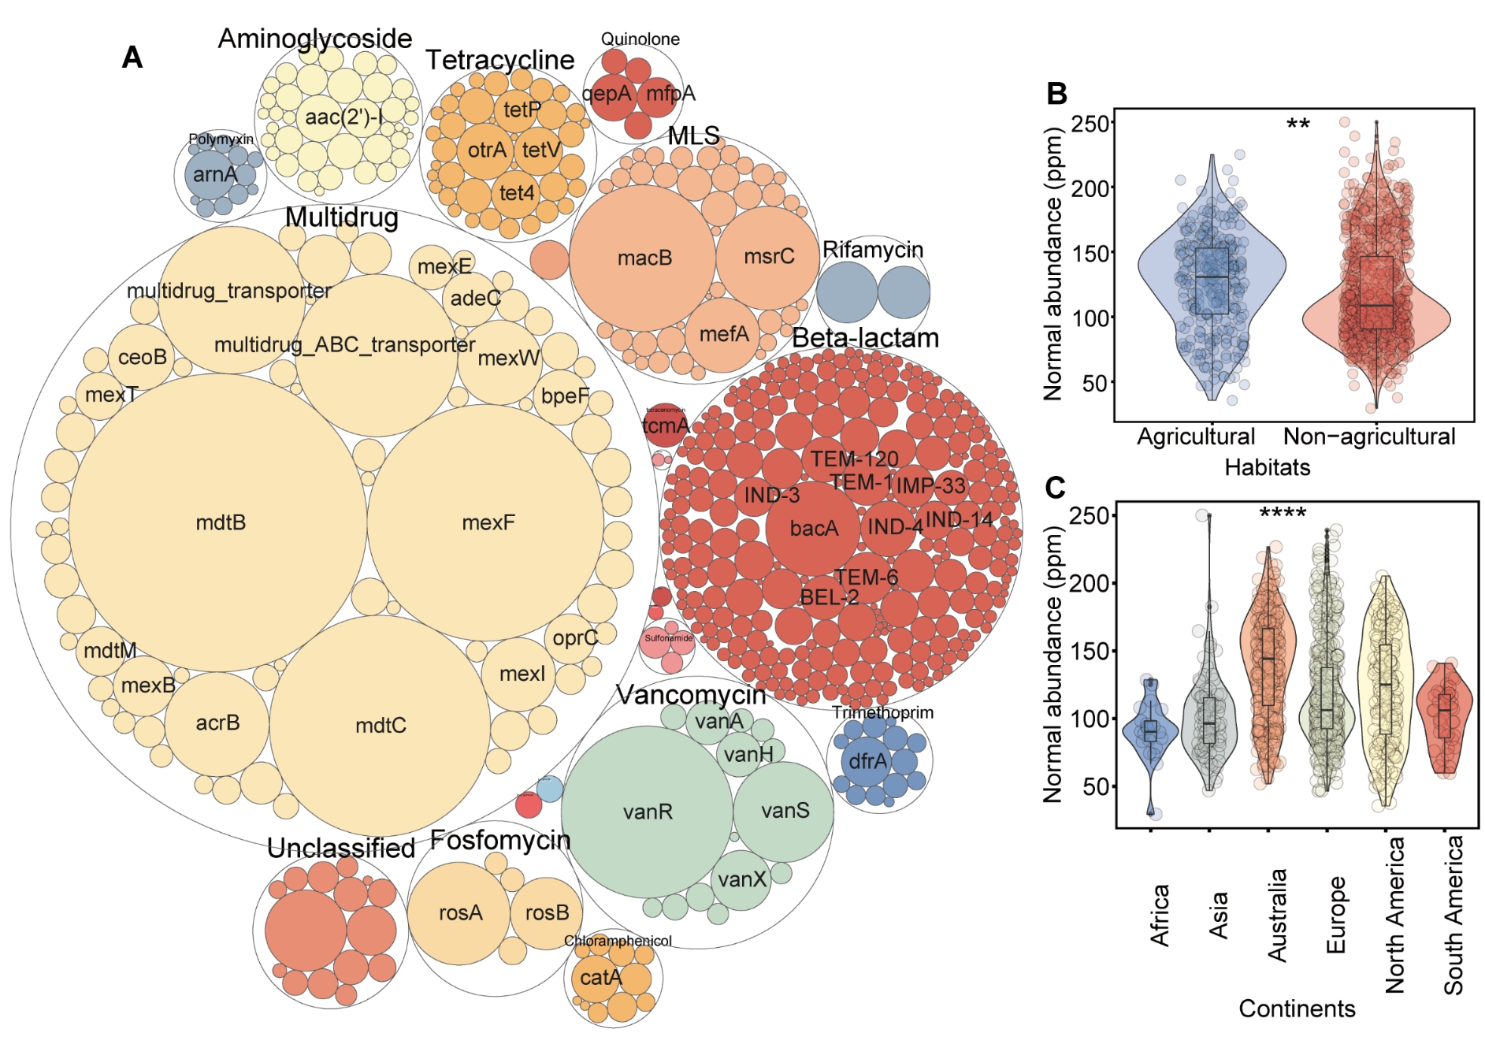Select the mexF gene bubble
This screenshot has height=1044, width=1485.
point(486,522)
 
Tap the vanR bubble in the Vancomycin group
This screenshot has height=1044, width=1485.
point(647,812)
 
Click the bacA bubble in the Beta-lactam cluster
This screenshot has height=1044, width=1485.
point(814,528)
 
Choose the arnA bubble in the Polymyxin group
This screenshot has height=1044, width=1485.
point(213,174)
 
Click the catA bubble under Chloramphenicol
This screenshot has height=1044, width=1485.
point(600,978)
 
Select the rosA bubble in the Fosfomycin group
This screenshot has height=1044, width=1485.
point(459,912)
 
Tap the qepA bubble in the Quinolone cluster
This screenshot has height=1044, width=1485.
point(607,94)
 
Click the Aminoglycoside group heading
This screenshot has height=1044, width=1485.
point(315,39)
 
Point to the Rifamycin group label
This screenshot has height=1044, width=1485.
point(873,250)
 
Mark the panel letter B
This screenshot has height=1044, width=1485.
point(1056,94)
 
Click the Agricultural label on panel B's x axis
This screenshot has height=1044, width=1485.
point(1195,437)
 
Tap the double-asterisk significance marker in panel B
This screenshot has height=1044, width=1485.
point(1298,124)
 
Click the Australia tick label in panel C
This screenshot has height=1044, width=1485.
point(1277,915)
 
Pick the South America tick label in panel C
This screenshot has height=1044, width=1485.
point(1453,915)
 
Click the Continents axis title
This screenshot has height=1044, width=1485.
point(1297,1009)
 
